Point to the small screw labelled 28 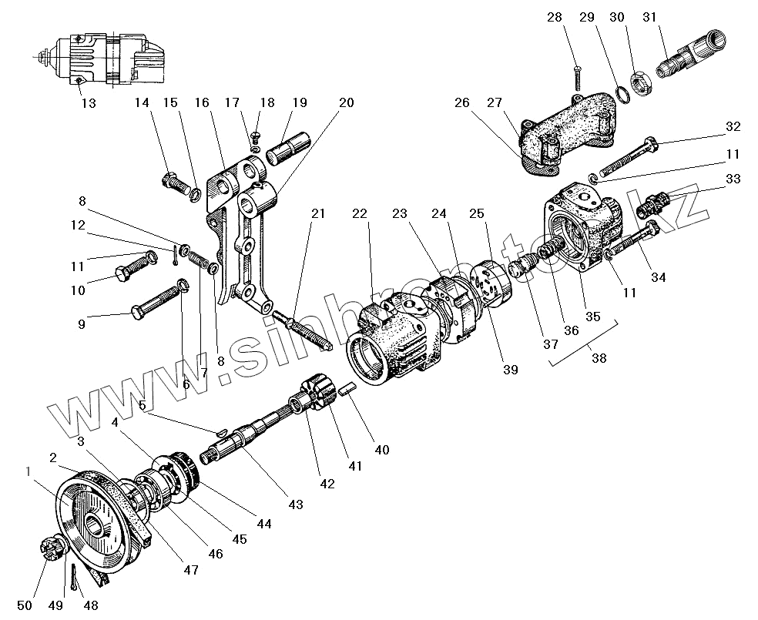579,76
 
